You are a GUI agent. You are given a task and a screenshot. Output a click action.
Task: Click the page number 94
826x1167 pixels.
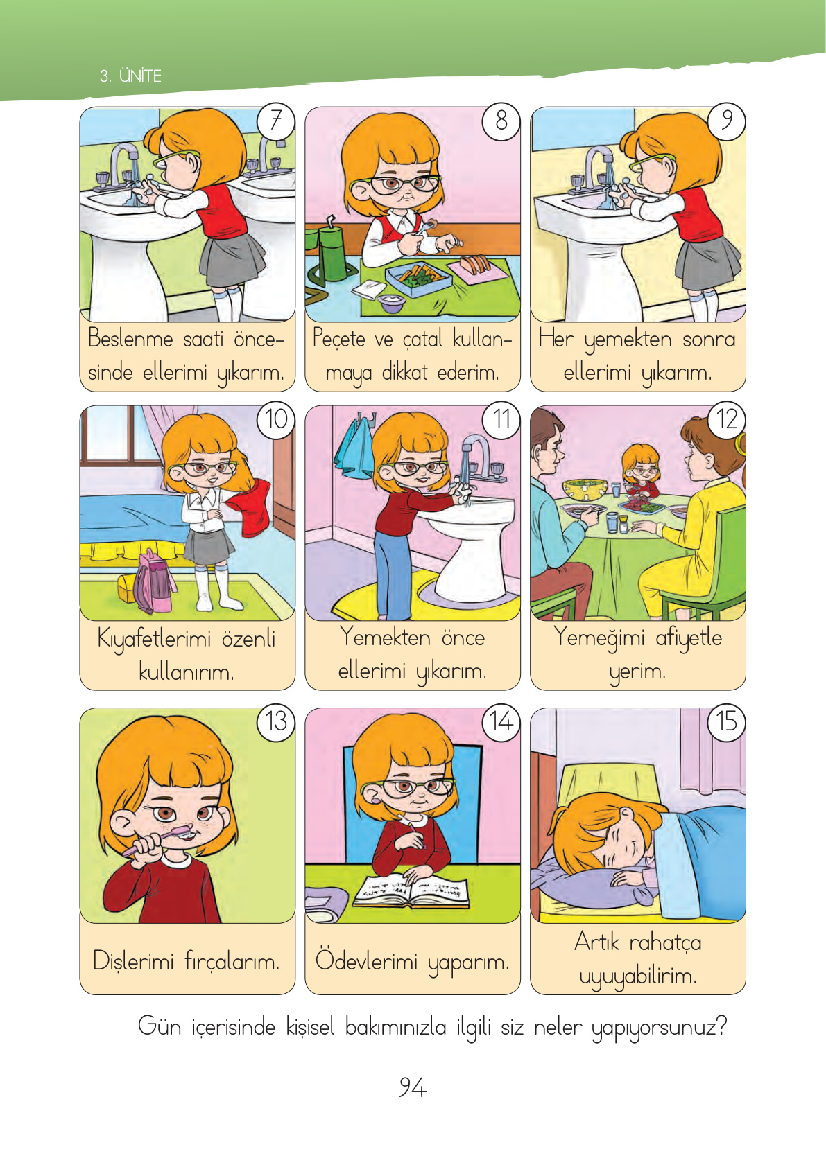click(x=413, y=1087)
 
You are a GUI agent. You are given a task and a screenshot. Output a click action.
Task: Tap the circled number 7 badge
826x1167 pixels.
click(x=276, y=121)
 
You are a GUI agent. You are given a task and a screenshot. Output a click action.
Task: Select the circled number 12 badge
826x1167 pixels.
click(x=726, y=419)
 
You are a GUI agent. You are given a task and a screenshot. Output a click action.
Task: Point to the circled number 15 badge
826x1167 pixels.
click(x=726, y=721)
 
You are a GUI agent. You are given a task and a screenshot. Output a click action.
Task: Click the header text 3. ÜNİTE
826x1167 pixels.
click(x=130, y=76)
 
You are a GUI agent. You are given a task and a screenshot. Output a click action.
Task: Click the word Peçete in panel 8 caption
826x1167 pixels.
click(x=339, y=339)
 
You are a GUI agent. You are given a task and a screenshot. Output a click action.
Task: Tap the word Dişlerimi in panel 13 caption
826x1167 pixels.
click(x=133, y=960)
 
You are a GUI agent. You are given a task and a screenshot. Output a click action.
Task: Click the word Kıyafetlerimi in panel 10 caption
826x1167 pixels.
click(x=155, y=639)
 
